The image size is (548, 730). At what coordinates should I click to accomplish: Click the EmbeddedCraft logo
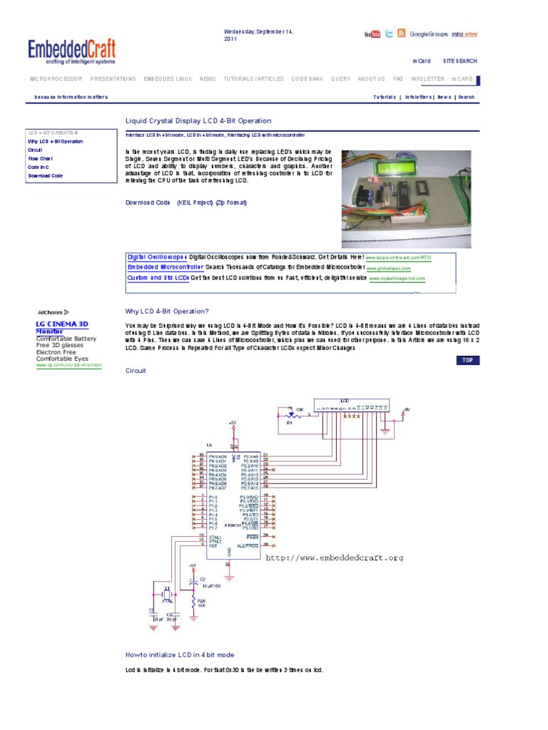pos(71,51)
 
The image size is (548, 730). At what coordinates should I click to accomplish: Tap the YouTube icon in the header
pos(372,34)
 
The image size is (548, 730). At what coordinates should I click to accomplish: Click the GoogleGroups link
pos(428,34)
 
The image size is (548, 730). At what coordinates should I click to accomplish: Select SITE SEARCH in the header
pos(460,61)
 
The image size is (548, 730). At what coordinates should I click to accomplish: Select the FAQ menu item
pos(397,79)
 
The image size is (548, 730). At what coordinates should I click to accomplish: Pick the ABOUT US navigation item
pos(371,79)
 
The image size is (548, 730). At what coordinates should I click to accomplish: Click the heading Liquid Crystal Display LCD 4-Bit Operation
pos(198,120)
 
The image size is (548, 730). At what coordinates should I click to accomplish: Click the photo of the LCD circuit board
pos(405,198)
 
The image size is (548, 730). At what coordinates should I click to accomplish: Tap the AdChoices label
pos(53,312)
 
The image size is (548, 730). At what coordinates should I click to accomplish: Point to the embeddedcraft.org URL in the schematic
pos(334,557)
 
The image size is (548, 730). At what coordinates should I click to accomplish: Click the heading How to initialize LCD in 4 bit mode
pos(180,654)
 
